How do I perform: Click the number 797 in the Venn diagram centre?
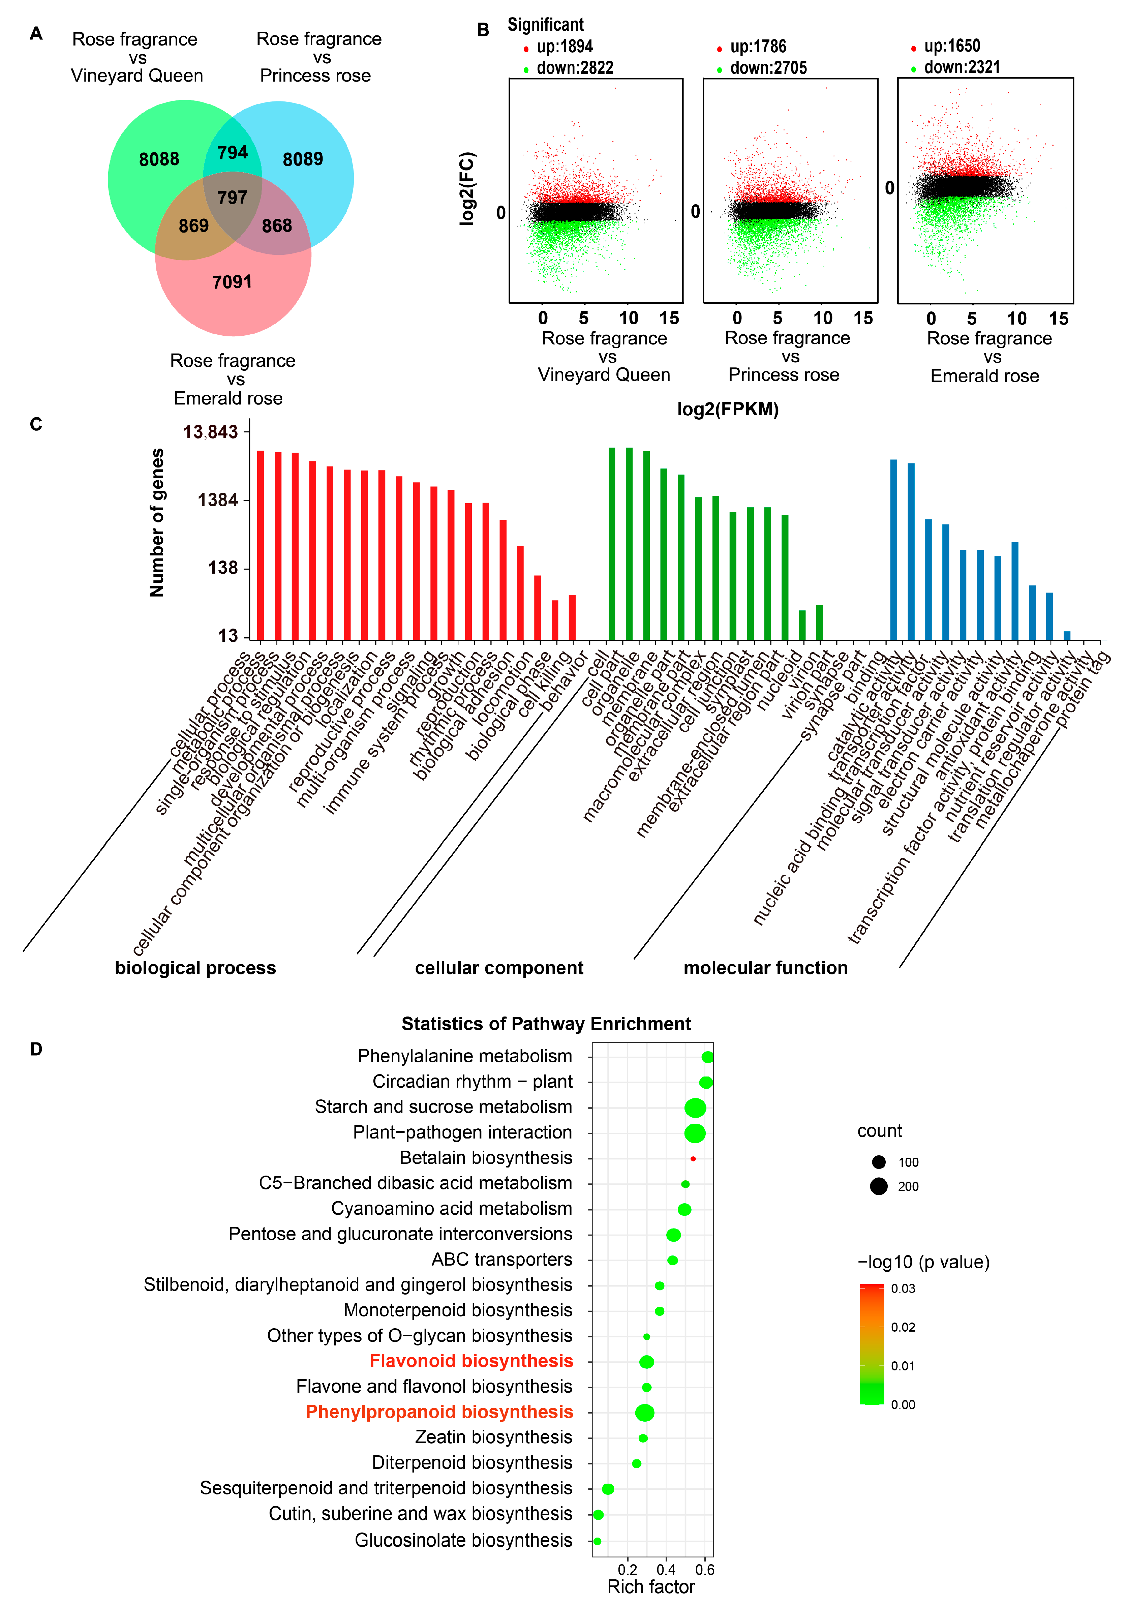click(x=232, y=198)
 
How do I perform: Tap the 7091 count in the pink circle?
click(x=232, y=282)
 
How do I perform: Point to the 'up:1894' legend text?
click(x=564, y=47)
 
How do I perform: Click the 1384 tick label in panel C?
click(x=218, y=500)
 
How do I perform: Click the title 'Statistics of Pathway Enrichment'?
click(x=546, y=1024)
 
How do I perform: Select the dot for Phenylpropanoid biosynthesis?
click(x=645, y=1413)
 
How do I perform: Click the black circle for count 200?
click(x=879, y=1186)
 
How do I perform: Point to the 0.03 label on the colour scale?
click(x=903, y=1288)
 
